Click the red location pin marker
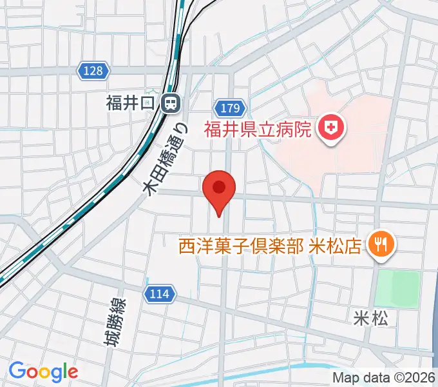[219, 189]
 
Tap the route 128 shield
[93, 70]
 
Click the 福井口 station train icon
[171, 103]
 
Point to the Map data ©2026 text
[384, 377]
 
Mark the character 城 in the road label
[114, 338]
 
